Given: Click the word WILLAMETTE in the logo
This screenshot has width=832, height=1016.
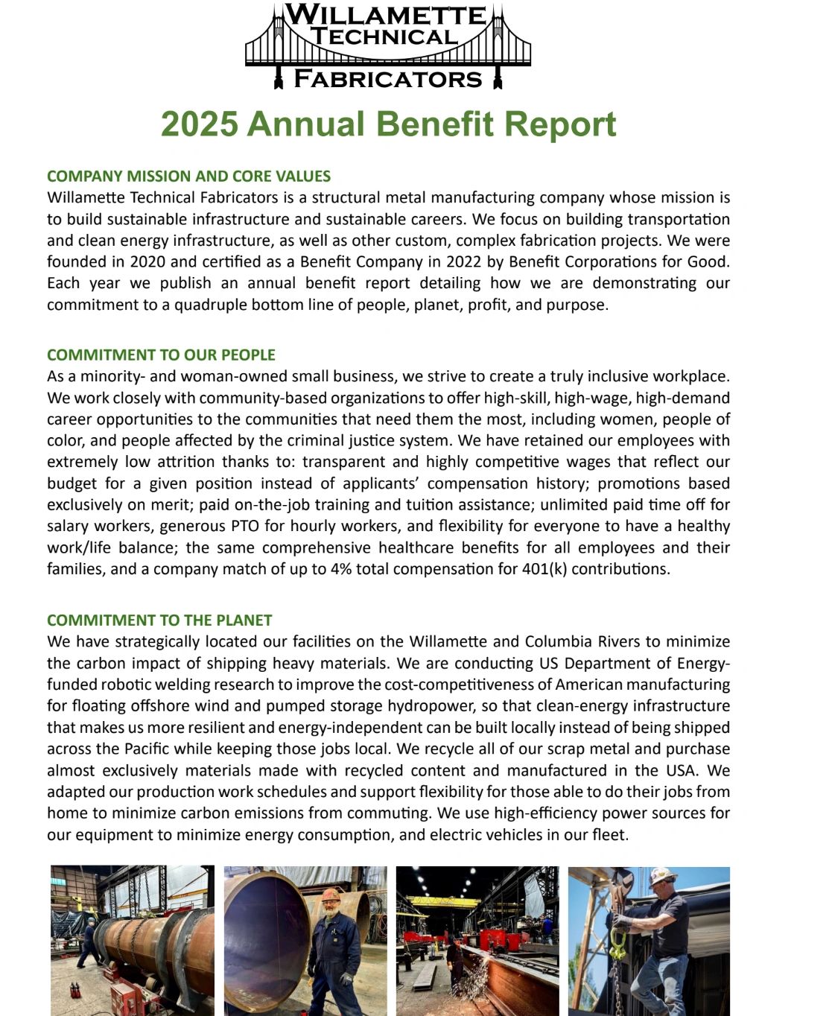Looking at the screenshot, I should click(x=385, y=14).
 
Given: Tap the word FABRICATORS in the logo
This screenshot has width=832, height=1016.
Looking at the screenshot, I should click(x=388, y=78).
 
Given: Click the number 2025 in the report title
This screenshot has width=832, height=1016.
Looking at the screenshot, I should click(x=200, y=124).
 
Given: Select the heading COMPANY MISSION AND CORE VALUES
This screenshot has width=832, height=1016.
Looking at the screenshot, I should click(x=188, y=177).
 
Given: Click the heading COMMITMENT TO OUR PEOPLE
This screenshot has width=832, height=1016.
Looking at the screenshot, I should click(x=161, y=355).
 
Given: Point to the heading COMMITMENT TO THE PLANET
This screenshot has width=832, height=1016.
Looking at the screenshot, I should click(x=159, y=620).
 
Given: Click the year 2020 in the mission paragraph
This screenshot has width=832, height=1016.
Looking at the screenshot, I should click(x=147, y=262).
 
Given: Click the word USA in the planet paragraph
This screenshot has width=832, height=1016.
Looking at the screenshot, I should click(x=678, y=770).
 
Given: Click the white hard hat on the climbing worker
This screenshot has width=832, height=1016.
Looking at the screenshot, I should click(x=661, y=876).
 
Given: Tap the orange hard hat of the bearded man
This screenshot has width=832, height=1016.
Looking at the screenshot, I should click(x=331, y=893).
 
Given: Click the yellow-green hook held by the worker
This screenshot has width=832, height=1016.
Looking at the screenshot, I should click(x=618, y=944).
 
